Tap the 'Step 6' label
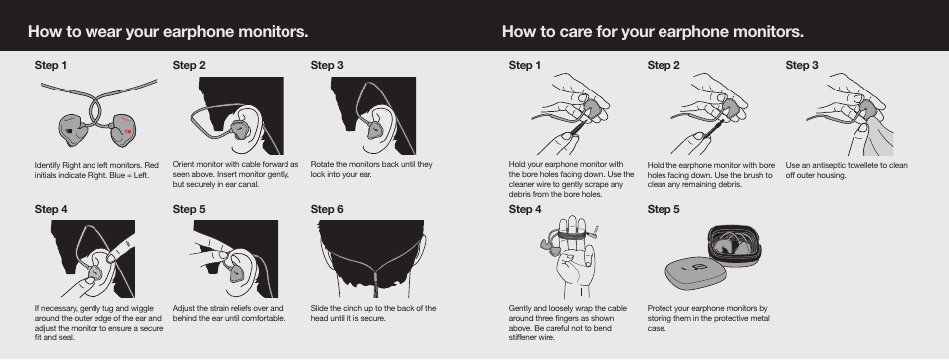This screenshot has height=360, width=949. tap(327, 210)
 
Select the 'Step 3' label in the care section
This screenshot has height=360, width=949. tap(802, 66)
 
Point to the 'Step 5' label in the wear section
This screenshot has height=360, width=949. tap(189, 210)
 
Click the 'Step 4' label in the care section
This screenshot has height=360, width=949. tap(525, 210)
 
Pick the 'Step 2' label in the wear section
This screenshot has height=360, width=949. tap(189, 66)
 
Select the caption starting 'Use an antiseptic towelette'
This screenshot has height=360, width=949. tap(847, 170)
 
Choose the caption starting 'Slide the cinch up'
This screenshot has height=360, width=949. tap(373, 313)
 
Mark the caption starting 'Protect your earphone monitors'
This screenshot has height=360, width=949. tap(707, 318)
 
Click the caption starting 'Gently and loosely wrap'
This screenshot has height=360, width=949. tap(567, 323)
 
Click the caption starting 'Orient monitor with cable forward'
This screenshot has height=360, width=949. tap(235, 174)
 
